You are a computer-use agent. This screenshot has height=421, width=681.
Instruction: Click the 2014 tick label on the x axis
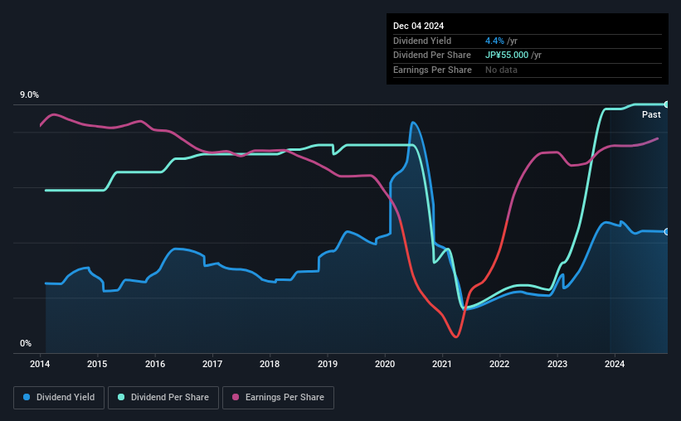coord(41,364)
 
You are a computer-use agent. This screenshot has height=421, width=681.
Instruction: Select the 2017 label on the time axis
coord(212,364)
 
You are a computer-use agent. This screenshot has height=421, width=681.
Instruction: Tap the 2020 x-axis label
coord(385,364)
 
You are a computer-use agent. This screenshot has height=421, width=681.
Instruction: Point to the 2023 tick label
coord(557,364)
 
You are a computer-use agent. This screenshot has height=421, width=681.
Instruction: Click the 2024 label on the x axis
coord(615,364)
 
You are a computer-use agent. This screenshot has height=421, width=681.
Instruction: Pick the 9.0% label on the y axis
coord(30,95)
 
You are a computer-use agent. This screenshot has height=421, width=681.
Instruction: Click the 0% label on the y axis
coord(26,343)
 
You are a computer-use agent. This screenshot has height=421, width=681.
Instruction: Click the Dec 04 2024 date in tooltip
coord(421,26)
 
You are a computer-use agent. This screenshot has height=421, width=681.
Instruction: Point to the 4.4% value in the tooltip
coord(495,40)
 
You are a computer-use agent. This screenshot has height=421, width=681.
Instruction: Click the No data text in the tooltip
coord(502,70)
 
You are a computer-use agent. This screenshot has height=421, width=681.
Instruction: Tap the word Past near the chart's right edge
coord(651,114)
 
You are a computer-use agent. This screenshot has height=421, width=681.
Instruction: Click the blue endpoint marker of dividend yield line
coord(668,232)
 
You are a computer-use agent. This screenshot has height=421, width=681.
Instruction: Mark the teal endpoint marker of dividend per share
coord(668,104)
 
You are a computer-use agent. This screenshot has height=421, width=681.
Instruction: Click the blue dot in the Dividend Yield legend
coord(27,398)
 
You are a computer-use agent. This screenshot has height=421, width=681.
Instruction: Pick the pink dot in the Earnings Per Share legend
coord(236,398)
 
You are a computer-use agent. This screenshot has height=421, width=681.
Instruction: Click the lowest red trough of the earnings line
coord(455,336)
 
